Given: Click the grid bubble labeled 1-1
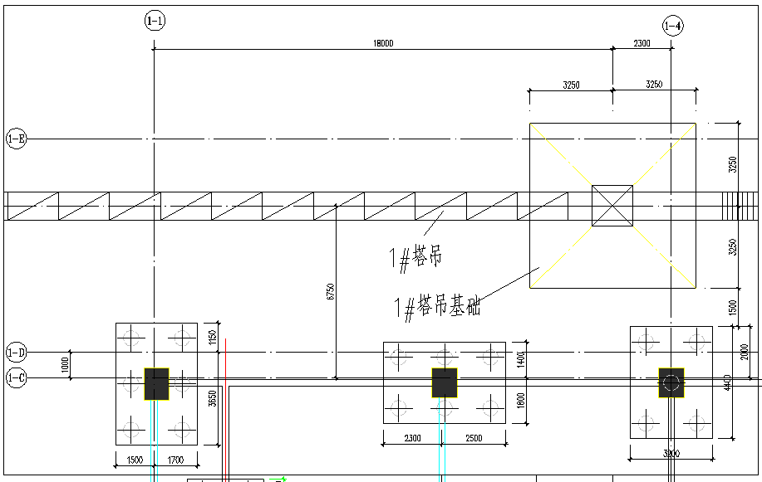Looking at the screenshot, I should (x=154, y=21).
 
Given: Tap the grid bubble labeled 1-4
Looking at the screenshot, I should (x=672, y=27).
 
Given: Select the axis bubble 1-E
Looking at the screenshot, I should (x=16, y=139).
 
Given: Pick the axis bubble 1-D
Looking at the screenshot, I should (x=16, y=352).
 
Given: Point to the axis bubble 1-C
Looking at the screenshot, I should (x=16, y=379).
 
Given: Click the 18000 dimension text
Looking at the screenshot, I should (x=382, y=43).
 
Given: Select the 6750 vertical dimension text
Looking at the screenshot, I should (x=331, y=291).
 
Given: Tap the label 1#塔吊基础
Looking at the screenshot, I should (x=437, y=307).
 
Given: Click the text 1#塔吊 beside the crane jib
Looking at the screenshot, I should (x=415, y=258).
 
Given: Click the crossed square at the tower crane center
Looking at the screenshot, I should (x=612, y=205).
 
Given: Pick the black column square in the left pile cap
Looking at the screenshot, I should (x=156, y=384).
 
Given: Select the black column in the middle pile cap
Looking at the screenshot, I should (x=445, y=382).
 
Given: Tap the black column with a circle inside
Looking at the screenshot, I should (x=671, y=382).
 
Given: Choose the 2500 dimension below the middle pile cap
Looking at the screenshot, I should (x=473, y=438).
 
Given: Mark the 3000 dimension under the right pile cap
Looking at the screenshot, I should (x=671, y=454).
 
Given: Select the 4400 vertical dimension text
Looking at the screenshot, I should (x=727, y=382).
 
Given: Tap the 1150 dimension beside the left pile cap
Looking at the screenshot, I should (x=212, y=337).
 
